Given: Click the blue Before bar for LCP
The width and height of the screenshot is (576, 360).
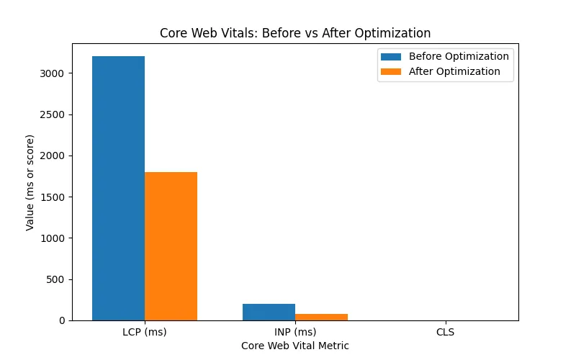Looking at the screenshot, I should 118,188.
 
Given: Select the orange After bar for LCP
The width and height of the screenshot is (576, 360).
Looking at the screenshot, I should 171,246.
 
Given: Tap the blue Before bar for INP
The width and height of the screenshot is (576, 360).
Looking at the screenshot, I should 269,312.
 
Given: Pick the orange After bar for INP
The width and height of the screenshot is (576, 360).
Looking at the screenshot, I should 321,317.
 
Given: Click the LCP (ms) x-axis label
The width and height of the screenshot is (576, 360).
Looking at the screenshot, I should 145,333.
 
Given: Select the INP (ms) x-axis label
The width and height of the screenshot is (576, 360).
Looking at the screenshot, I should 295,333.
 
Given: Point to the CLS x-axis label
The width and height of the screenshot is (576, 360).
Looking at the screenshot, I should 445,333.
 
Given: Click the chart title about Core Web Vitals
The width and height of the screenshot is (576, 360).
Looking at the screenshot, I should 295,33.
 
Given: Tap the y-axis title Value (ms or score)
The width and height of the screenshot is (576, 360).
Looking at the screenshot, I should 30,182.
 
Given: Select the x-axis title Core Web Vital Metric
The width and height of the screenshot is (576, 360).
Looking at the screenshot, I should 295,346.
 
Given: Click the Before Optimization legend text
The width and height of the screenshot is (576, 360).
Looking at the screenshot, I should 459,56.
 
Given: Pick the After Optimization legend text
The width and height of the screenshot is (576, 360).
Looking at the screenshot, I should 454,71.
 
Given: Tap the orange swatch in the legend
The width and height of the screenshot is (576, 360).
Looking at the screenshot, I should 391,71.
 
